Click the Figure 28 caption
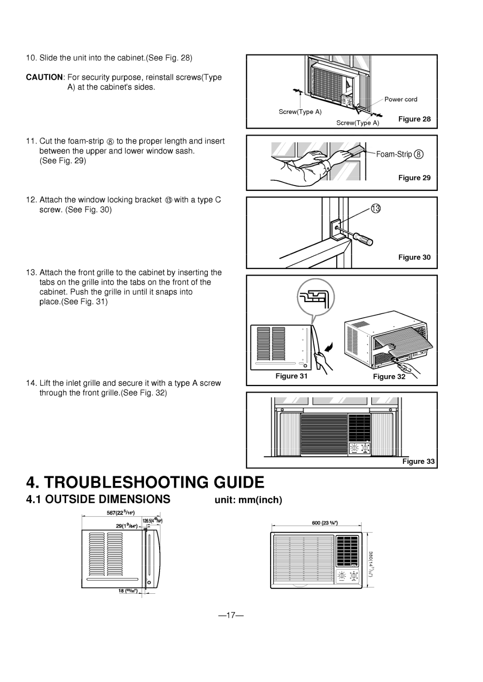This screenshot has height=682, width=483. tap(414, 119)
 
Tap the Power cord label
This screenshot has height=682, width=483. tap(401, 99)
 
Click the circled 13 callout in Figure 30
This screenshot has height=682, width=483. tap(375, 208)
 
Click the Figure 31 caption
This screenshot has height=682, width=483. tap(291, 376)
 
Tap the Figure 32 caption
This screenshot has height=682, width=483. tap(389, 376)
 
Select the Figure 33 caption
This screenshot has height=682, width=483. tap(419, 461)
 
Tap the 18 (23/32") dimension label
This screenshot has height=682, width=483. tap(127, 591)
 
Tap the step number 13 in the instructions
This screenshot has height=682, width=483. tap(31, 272)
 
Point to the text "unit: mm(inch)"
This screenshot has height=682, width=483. tap(248, 500)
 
